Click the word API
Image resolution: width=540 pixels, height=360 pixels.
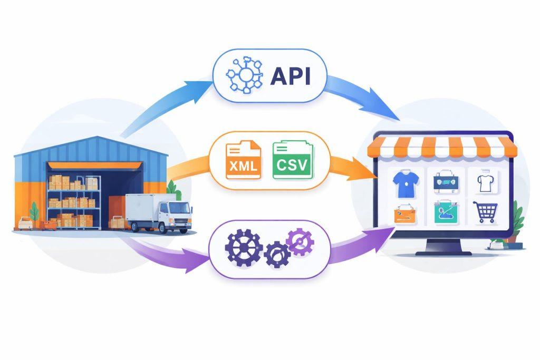pos(291,76)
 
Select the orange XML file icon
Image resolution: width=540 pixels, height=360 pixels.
pos(243,160)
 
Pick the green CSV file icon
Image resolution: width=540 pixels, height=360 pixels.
pos(293,160)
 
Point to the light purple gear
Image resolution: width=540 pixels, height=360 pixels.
pos(300,241)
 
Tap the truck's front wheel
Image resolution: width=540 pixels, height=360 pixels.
pos(164,228)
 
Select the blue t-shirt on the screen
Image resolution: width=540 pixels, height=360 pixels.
pos(406,184)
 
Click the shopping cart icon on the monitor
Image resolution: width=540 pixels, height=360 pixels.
pos(486,212)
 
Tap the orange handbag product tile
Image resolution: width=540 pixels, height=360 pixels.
pos(406,213)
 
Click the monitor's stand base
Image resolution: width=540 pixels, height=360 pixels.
pos(443,254)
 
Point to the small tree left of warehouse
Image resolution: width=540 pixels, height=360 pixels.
pos(34,213)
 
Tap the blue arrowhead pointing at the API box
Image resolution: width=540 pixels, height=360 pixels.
pos(198,91)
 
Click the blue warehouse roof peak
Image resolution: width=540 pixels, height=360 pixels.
pos(98,137)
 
